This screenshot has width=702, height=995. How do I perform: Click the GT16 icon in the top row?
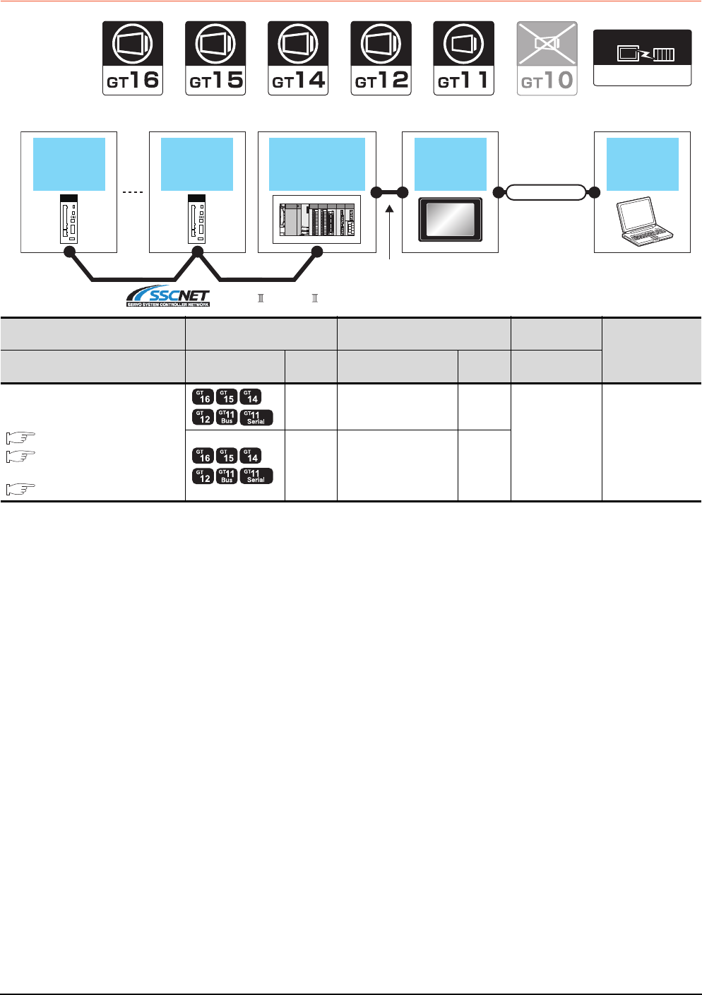133,58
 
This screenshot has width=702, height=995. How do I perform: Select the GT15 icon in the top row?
215,58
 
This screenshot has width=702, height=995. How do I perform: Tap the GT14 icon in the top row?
298,58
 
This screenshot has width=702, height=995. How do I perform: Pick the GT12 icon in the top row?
381,58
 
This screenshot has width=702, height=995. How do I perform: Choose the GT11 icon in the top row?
463,58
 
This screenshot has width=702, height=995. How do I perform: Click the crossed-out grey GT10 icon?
547,58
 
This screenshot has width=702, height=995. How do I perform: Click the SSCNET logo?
168,296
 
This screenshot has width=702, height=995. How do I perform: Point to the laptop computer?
642,221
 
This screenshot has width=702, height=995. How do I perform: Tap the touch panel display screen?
451,218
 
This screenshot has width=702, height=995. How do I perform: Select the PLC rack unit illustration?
317,220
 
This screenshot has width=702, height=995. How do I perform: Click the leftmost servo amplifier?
69,219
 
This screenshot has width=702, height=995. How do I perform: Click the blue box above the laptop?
642,164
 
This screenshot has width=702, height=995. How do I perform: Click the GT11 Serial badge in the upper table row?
256,418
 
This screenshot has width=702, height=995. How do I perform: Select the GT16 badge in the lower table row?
203,456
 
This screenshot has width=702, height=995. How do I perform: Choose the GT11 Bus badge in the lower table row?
227,476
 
